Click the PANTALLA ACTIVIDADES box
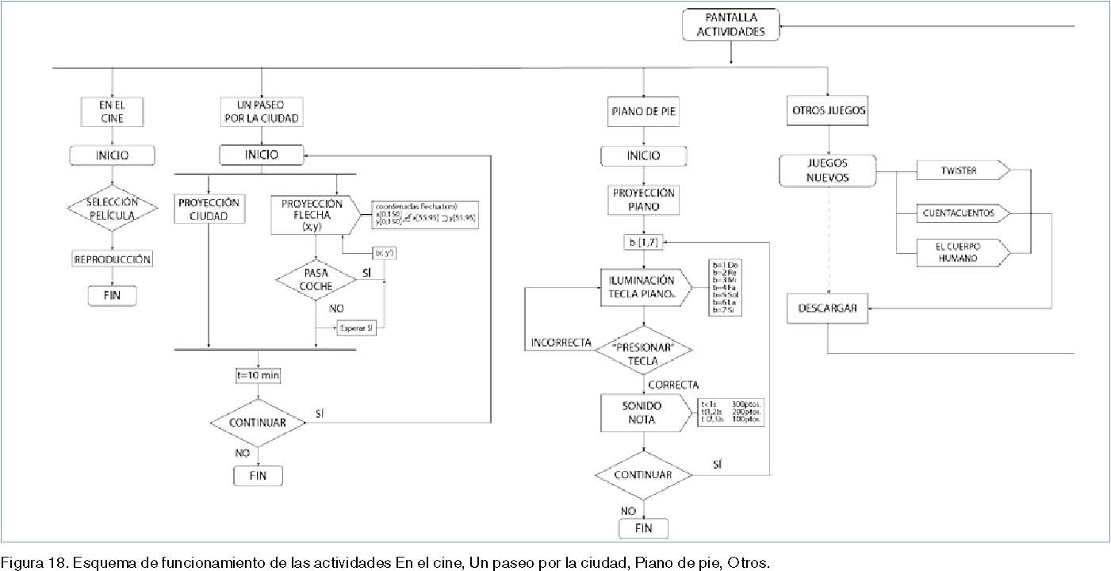click(x=730, y=25)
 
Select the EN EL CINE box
click(x=112, y=111)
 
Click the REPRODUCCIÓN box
click(x=113, y=259)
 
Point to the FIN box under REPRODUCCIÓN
click(x=112, y=296)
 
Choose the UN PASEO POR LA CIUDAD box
click(x=262, y=111)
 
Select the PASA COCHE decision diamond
click(x=316, y=278)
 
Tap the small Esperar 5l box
click(x=356, y=328)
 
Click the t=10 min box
click(x=259, y=375)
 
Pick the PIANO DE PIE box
click(x=643, y=112)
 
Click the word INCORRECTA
click(x=561, y=343)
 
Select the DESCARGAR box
click(x=827, y=308)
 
